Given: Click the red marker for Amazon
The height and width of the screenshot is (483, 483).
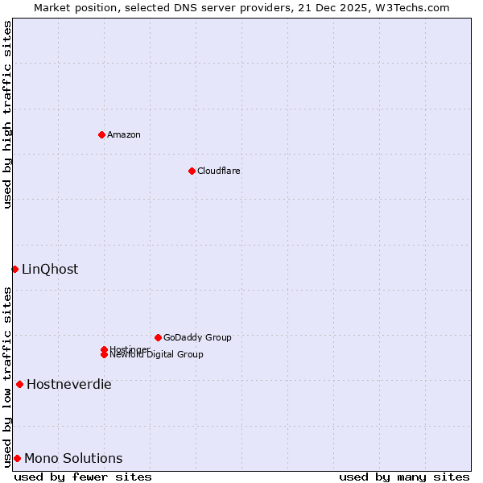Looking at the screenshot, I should [101, 134].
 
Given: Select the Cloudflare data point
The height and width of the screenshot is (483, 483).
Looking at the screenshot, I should [192, 171].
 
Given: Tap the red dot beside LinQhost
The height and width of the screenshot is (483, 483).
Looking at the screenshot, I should [14, 269].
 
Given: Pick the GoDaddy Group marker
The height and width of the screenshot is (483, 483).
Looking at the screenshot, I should [158, 337].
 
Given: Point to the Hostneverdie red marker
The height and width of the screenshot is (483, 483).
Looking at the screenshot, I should [19, 384].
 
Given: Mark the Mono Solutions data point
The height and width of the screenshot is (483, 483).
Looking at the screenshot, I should [17, 458].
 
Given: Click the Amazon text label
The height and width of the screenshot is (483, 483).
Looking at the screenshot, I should [124, 134].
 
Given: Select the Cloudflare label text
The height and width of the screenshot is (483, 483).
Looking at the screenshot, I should [219, 171].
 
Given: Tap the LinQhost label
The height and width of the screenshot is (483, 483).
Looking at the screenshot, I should [50, 270].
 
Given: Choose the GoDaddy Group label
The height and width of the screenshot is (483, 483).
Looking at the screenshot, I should [197, 337].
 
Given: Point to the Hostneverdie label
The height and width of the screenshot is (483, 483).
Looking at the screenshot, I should [69, 385].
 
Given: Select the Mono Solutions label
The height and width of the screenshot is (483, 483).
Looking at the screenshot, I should [73, 459].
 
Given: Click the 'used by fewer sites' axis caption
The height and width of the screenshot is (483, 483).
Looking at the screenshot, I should [83, 477].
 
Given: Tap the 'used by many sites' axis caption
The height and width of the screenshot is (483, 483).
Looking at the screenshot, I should [404, 477].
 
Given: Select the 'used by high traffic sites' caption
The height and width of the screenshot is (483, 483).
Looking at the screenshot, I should [7, 114].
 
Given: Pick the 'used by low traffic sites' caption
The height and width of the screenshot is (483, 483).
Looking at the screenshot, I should [7, 377].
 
